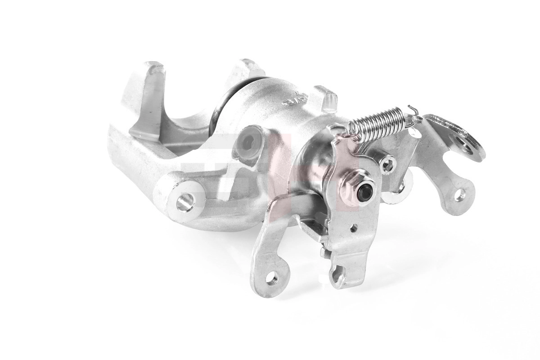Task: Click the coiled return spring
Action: click(x=378, y=121)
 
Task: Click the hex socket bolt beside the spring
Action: click(x=387, y=165)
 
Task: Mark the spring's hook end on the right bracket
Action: click(x=412, y=110)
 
